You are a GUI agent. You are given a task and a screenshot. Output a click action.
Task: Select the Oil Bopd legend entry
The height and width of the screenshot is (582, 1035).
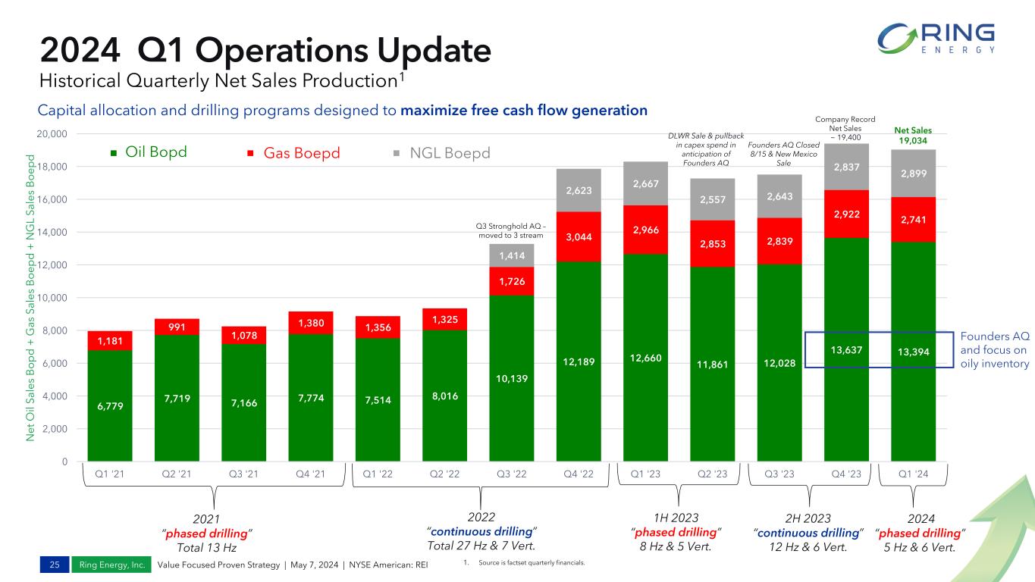(149, 153)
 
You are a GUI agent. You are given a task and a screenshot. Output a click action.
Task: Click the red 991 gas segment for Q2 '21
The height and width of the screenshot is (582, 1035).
(177, 327)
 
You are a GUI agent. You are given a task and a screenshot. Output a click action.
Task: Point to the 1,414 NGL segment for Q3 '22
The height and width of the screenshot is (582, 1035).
(511, 255)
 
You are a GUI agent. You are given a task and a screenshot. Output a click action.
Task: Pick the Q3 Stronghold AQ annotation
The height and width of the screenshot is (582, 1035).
(510, 230)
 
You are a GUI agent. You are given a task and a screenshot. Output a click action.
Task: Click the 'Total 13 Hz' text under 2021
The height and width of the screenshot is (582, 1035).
(206, 547)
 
